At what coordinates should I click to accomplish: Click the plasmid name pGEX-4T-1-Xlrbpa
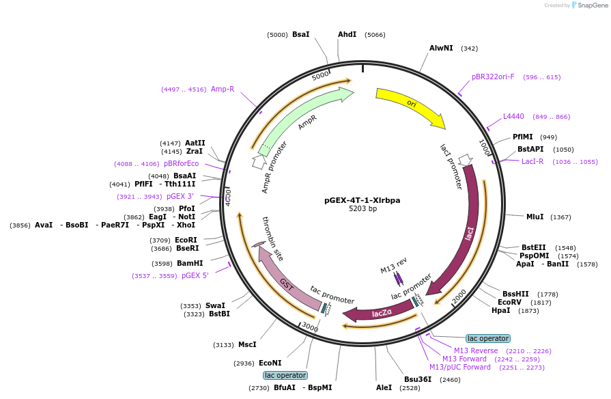click(x=362, y=200)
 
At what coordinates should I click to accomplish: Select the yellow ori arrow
click(x=410, y=106)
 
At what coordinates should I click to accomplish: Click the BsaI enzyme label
click(x=300, y=34)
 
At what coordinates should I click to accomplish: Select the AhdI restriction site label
click(x=347, y=34)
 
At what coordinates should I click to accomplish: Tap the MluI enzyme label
click(x=535, y=217)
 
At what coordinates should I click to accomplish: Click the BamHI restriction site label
click(x=190, y=263)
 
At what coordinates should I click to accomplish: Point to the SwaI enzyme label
click(x=215, y=306)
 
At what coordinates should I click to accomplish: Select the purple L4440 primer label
click(x=513, y=116)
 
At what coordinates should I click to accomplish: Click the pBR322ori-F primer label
click(x=493, y=77)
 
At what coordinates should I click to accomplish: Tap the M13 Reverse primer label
click(x=476, y=350)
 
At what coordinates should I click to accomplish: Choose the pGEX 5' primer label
click(x=195, y=275)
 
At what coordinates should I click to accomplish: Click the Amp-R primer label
click(x=223, y=89)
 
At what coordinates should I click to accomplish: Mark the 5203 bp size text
click(x=363, y=209)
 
